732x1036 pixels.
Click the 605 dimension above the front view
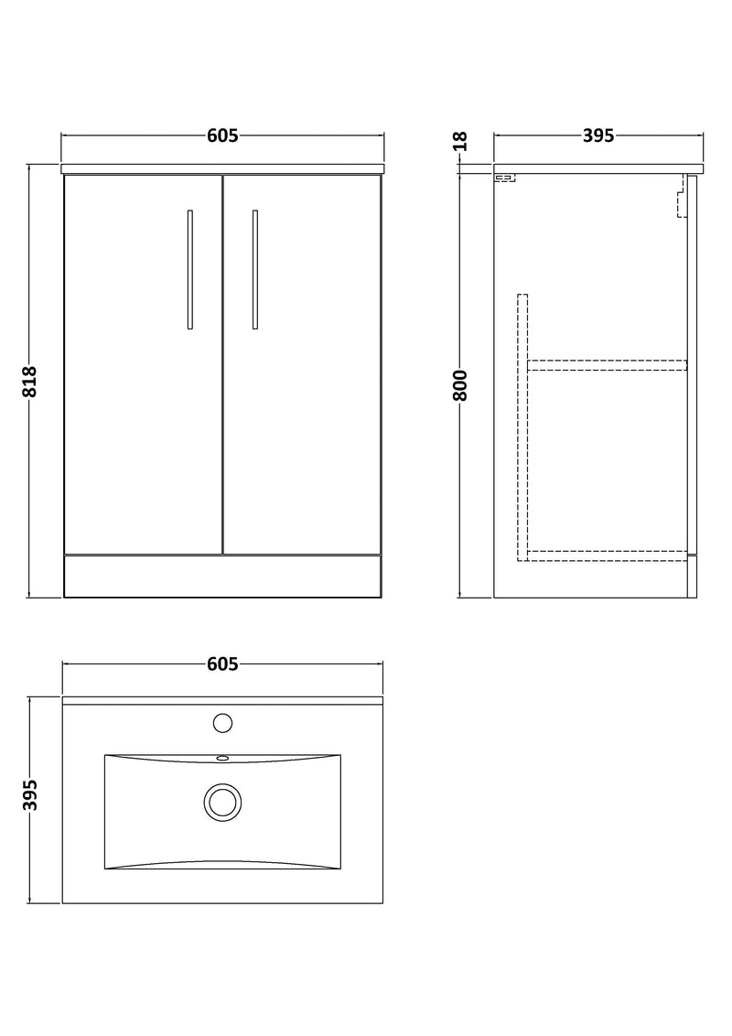[222, 136]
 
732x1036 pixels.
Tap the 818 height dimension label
[30, 381]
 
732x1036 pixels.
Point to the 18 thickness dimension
[460, 142]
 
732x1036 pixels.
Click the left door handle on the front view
[189, 269]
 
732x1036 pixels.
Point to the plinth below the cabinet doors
[222, 576]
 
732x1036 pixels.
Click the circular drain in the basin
[222, 802]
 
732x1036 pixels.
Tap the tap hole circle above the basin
[222, 723]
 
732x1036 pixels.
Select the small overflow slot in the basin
[222, 759]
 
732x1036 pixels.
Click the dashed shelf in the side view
[608, 364]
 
